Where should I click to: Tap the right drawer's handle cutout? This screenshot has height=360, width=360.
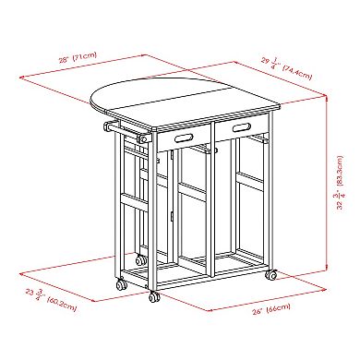point(246,125)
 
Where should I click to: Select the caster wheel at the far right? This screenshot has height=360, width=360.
point(272,275)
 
